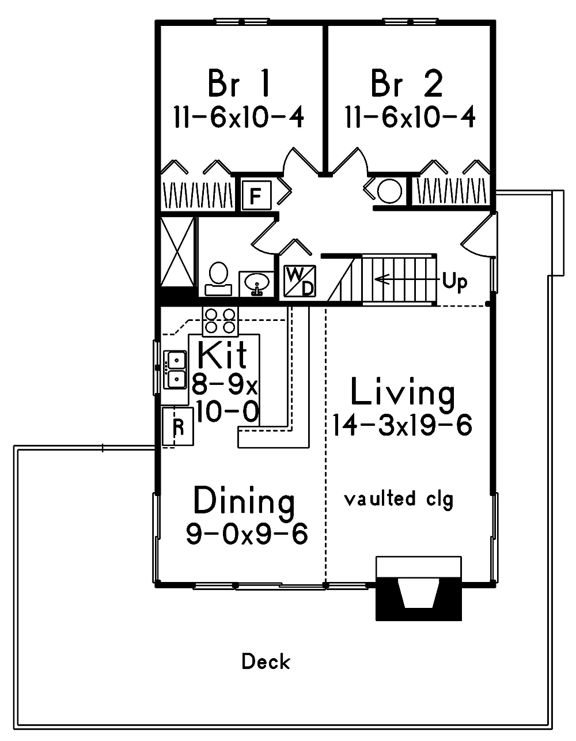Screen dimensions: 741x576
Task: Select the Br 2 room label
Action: click(x=407, y=84)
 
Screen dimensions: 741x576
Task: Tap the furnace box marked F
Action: click(x=255, y=195)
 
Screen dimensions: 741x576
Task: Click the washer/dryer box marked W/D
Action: click(x=300, y=281)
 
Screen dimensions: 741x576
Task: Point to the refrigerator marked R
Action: click(x=179, y=426)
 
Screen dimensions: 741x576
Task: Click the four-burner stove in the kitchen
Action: click(x=220, y=321)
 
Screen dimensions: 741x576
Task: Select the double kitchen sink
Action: click(x=175, y=369)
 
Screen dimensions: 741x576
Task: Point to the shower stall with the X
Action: click(x=177, y=251)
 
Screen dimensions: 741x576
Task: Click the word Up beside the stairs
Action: click(x=454, y=282)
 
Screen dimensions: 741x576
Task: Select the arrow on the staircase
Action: click(x=403, y=280)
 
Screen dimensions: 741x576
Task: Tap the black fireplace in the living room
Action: click(x=419, y=596)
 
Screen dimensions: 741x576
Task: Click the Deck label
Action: click(x=266, y=661)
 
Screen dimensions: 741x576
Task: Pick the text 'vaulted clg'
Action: click(x=399, y=498)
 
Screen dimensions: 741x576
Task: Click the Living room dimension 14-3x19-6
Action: click(x=402, y=426)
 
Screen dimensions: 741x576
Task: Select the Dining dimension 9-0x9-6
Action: click(x=247, y=534)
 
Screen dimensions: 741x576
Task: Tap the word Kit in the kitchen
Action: click(x=222, y=356)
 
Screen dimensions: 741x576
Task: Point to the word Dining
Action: click(x=244, y=501)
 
